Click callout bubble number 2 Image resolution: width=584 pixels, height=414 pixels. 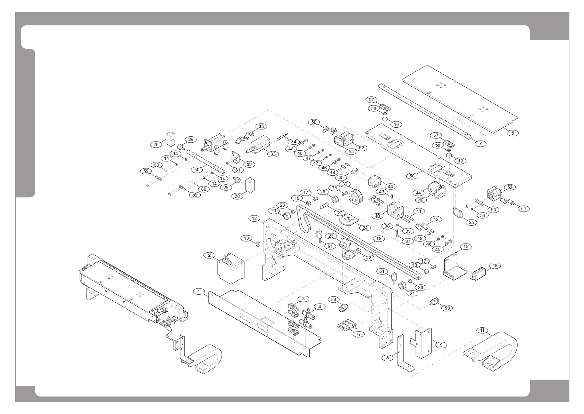(209, 255)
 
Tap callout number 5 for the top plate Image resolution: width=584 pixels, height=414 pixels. (512, 133)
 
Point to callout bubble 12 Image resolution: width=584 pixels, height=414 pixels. (255, 218)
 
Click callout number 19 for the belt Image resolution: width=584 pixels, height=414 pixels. (378, 239)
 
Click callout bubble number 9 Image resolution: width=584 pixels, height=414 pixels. (441, 345)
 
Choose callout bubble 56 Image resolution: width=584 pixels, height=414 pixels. (412, 176)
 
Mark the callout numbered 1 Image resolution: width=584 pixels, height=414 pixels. (199, 291)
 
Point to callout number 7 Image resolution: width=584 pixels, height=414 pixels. (480, 143)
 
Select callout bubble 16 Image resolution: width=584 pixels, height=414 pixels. (495, 265)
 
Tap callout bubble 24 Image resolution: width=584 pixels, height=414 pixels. (365, 228)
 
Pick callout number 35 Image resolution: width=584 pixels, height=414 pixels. (261, 126)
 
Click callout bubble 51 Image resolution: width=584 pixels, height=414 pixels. (523, 208)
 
